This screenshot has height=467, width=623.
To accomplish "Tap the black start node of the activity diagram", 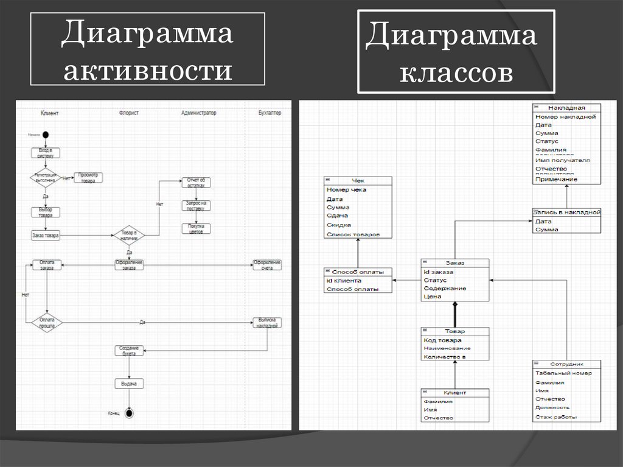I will [46, 135].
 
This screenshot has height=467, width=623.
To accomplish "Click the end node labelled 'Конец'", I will [129, 413].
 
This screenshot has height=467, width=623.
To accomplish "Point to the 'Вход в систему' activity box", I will [46, 152].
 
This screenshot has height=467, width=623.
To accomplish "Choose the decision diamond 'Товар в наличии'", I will [129, 235].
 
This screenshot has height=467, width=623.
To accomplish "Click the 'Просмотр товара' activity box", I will [88, 178].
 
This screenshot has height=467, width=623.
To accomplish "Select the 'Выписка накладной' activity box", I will [267, 323].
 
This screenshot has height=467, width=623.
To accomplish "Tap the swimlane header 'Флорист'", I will [129, 113].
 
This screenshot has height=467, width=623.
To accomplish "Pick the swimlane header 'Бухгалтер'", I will [270, 113].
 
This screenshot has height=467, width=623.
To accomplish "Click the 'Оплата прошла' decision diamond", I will [47, 322].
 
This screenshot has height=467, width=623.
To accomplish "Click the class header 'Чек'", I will [358, 180].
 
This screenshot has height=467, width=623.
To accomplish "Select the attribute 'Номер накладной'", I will [565, 116].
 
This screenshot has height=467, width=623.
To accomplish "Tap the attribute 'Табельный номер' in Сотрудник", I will [563, 373].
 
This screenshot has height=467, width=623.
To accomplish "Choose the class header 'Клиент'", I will [454, 393].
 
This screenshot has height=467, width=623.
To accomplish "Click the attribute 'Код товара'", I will [442, 340].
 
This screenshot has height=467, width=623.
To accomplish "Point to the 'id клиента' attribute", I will [344, 281].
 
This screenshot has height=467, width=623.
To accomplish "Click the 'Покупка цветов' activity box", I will [195, 228].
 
